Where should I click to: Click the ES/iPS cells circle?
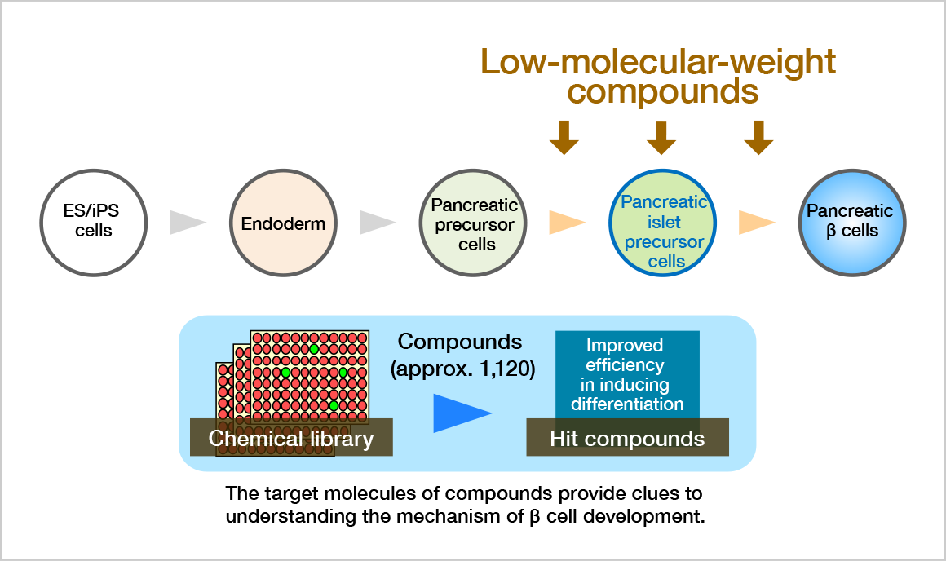pyautogui.click(x=93, y=222)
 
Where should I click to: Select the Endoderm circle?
pyautogui.click(x=283, y=223)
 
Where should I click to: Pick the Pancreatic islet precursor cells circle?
pyautogui.click(x=663, y=223)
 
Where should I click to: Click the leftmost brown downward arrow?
pyautogui.click(x=564, y=137)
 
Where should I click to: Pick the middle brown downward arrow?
pyautogui.click(x=661, y=137)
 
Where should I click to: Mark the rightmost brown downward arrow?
pyautogui.click(x=758, y=137)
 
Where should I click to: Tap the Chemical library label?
pyautogui.click(x=291, y=439)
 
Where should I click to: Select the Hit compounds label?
pyautogui.click(x=627, y=439)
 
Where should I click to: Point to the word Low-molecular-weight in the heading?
pyautogui.click(x=658, y=62)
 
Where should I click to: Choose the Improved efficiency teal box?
pyautogui.click(x=627, y=373)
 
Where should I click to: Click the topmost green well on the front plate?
pyautogui.click(x=314, y=349)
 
